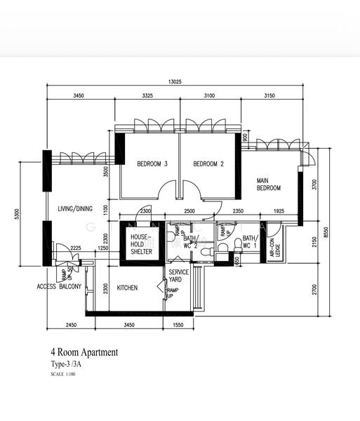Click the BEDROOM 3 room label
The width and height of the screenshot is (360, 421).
coord(152,164)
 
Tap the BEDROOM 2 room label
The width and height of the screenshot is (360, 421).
coord(208,164)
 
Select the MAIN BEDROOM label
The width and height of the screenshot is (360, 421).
coord(269,185)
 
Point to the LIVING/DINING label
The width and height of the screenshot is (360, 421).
coord(75,208)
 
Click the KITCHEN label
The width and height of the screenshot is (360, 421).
coord(127,288)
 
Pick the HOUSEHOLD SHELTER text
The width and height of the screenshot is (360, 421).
coord(141,245)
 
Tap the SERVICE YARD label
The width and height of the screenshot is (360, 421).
coord(179,276)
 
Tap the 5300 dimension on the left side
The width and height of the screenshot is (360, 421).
coord(18,213)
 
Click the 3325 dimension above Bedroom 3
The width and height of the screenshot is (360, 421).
coord(147,95)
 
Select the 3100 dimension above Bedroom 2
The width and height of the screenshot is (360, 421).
coord(209,95)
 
